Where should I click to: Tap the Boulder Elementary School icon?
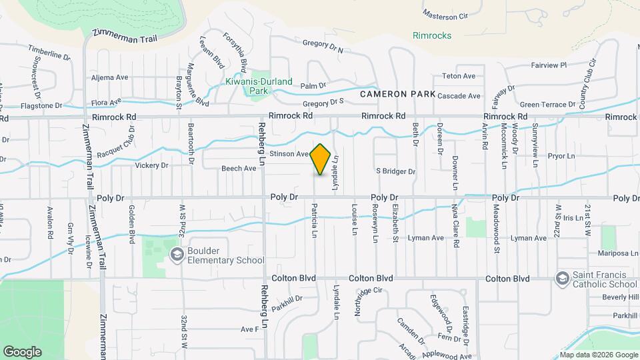[x=177, y=254]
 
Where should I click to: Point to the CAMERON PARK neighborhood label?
[x=397, y=95]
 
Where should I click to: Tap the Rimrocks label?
[x=432, y=35]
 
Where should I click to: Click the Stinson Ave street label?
[x=289, y=154]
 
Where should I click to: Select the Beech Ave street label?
[x=239, y=169]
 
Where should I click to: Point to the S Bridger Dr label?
[x=395, y=171]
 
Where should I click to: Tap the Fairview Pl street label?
[x=548, y=65]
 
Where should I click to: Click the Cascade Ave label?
[x=459, y=96]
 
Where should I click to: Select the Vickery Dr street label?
[x=151, y=165]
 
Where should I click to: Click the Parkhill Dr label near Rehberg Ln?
[x=287, y=299]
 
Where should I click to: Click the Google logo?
[x=22, y=352]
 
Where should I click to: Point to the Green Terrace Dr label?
[x=547, y=105]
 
